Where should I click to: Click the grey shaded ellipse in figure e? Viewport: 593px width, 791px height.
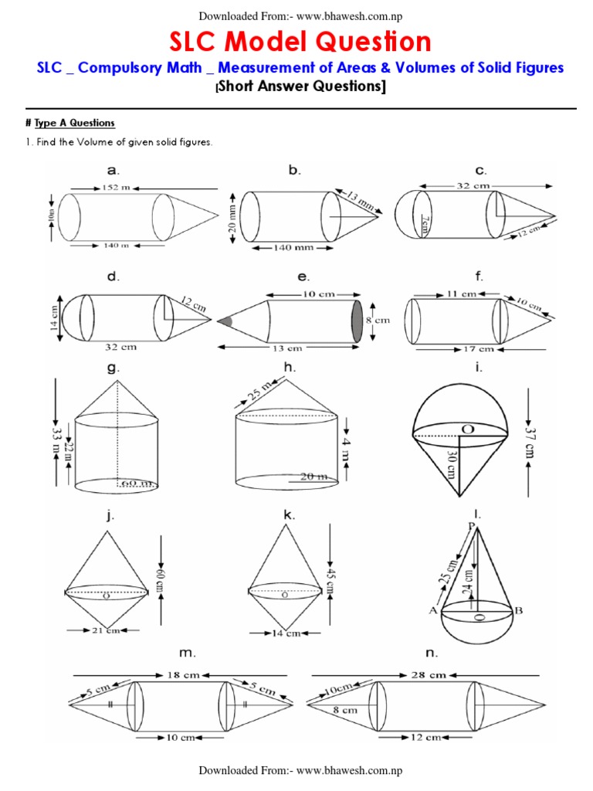point(357,319)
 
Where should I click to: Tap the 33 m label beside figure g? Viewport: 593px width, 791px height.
point(56,438)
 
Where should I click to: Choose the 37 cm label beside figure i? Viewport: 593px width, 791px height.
point(530,438)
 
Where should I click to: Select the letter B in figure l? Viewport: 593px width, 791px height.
point(520,610)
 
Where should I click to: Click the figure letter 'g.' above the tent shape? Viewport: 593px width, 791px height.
point(113,368)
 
